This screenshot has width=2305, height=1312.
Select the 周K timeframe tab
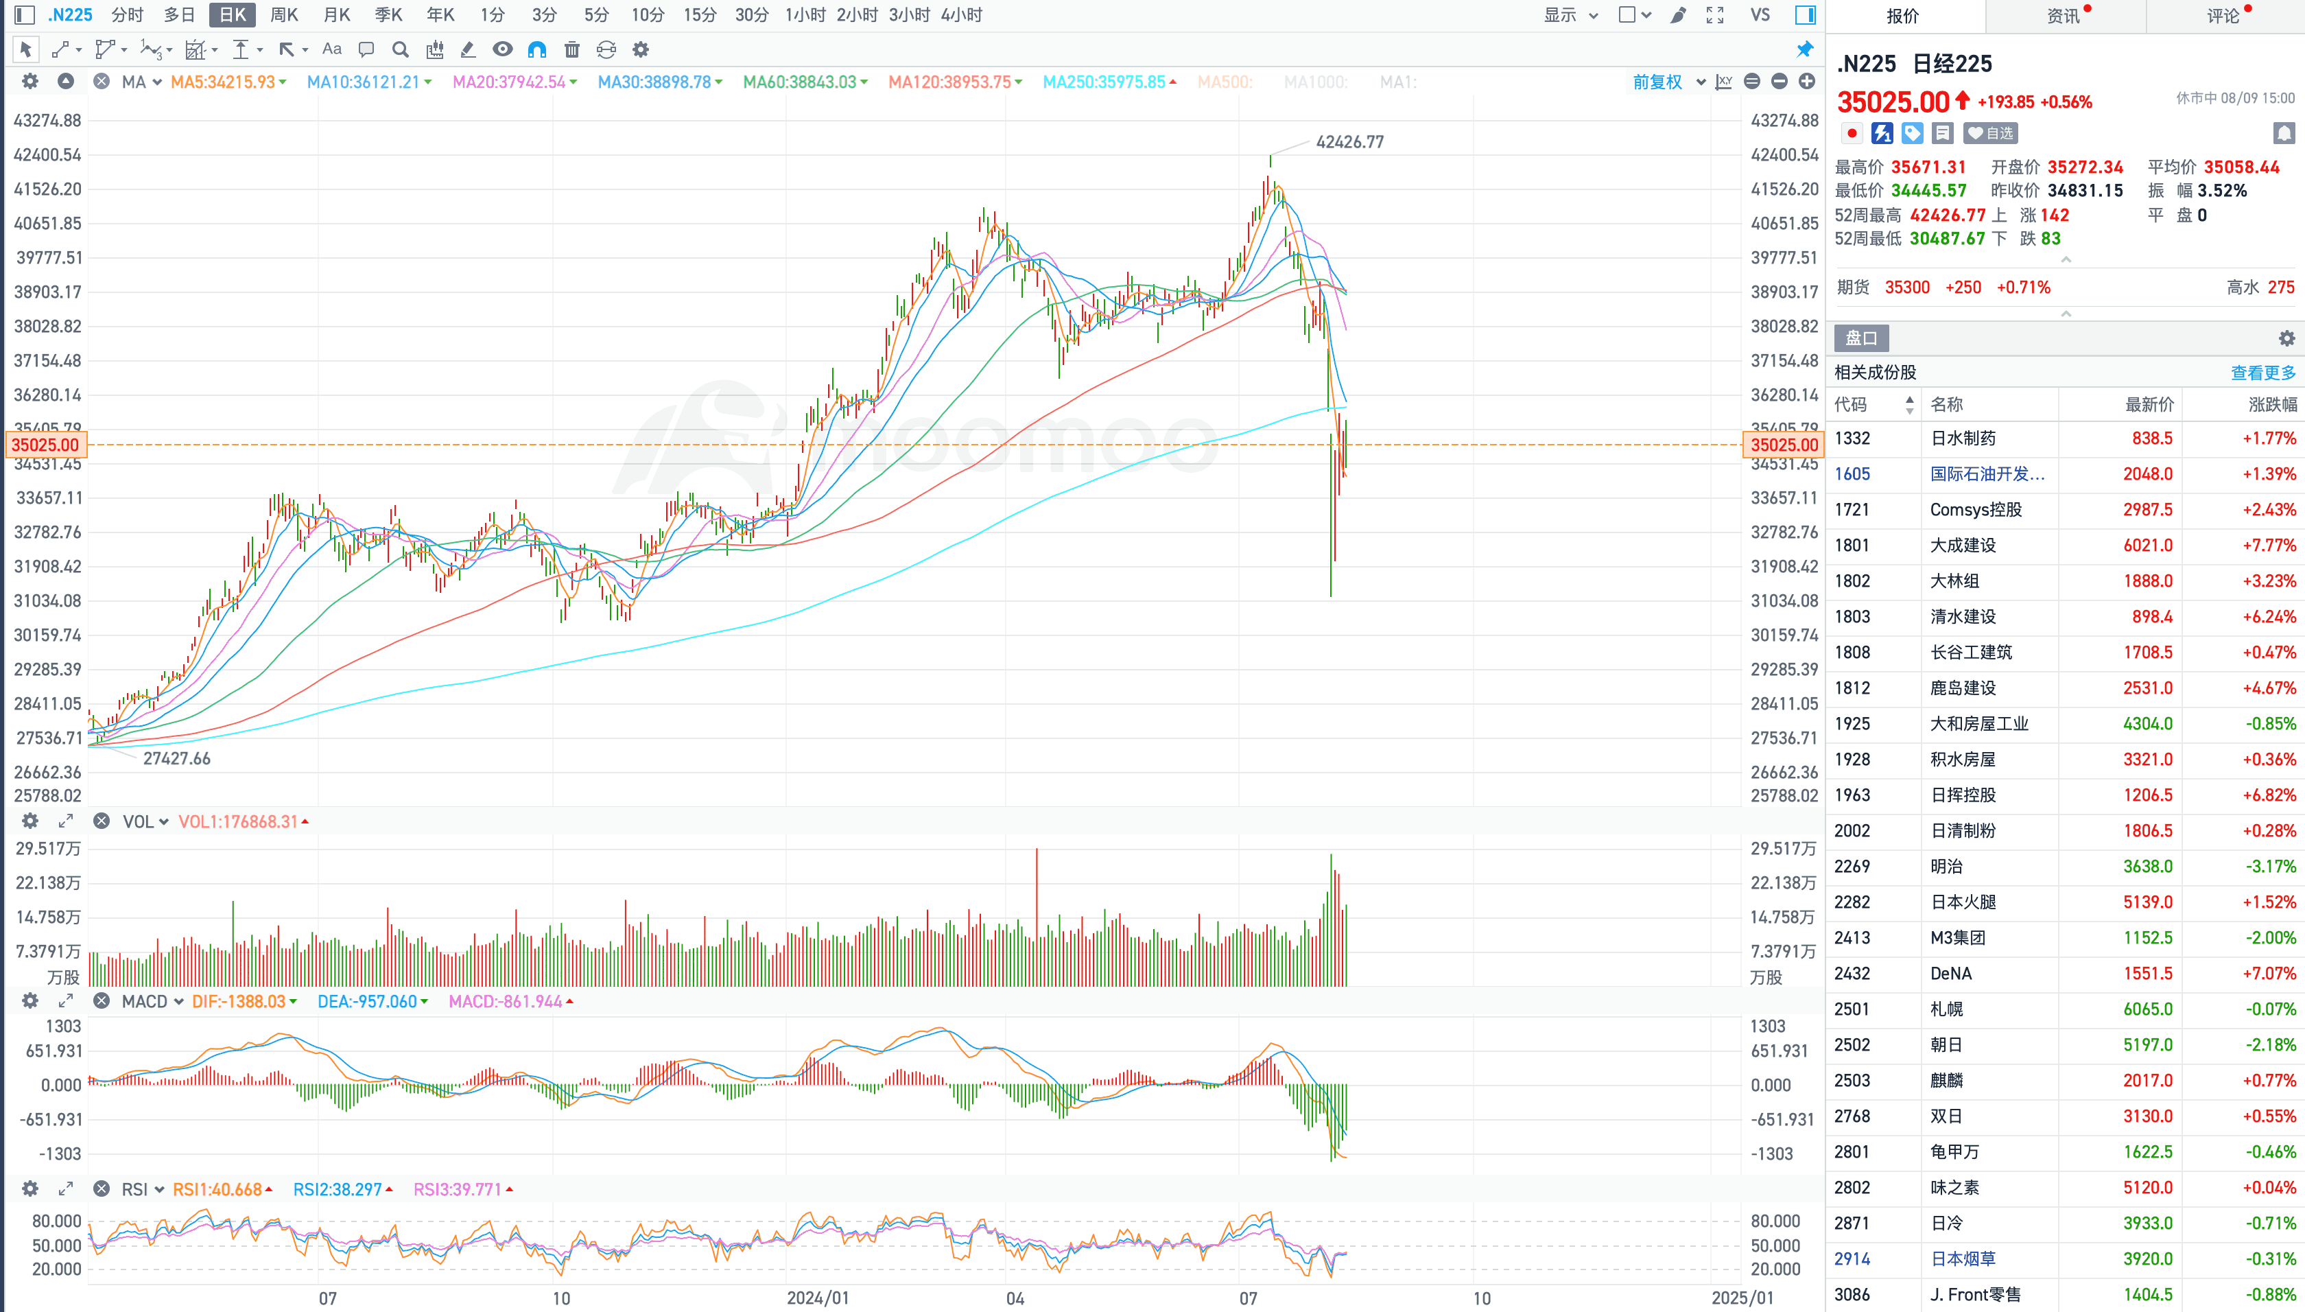click(284, 14)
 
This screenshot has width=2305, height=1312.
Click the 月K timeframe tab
click(336, 14)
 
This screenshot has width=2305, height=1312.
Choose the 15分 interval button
click(699, 14)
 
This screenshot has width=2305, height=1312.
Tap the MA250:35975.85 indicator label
click(1104, 82)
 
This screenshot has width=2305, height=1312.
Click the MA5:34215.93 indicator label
click(224, 82)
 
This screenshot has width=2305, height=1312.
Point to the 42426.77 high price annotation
click(1349, 141)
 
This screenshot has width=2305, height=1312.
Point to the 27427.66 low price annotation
click(176, 759)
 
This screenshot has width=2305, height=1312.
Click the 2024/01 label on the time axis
click(818, 1298)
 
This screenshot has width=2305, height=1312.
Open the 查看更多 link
click(2262, 372)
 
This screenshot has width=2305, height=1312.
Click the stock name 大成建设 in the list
click(1963, 545)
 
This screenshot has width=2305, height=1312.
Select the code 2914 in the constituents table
click(1852, 1259)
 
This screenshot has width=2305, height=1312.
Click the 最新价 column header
click(2149, 405)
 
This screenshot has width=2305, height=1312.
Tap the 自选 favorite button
click(1991, 133)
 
